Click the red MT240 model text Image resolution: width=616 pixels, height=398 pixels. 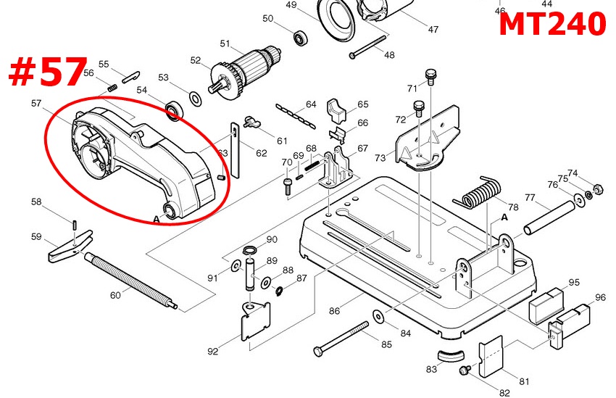click(552, 25)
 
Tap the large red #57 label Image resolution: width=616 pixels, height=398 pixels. click(49, 72)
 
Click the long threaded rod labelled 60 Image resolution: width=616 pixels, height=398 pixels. click(130, 279)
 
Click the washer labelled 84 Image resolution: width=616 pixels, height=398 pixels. click(379, 317)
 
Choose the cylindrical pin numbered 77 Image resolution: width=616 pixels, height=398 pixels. click(551, 215)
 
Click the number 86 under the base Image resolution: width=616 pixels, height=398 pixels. click(334, 311)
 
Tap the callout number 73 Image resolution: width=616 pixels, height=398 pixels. click(380, 158)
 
